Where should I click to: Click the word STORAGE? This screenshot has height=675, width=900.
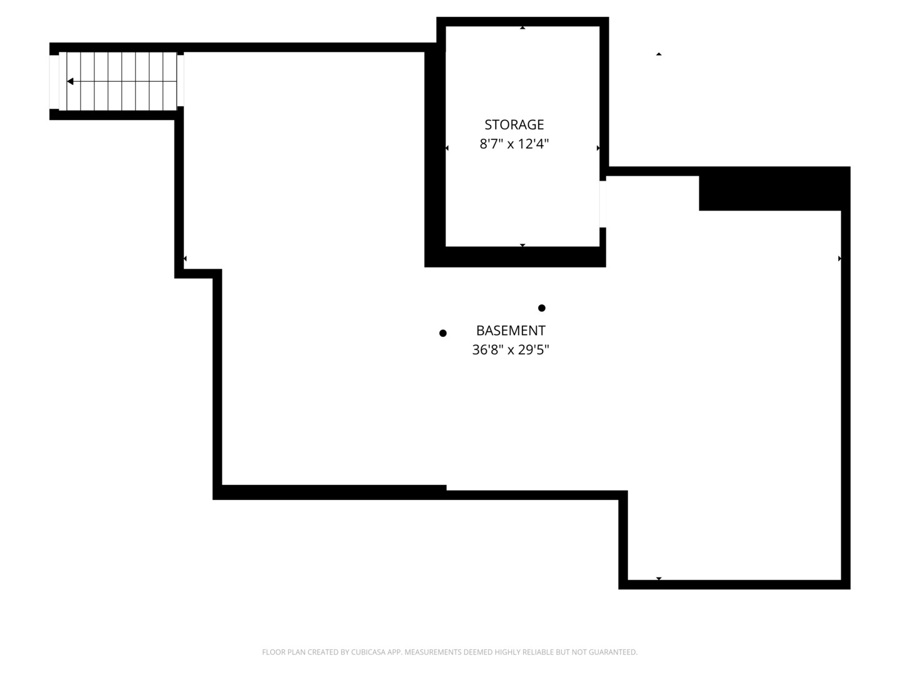(514, 124)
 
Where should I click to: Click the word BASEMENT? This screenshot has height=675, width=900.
(511, 331)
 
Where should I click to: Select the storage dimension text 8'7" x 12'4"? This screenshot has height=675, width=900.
(514, 144)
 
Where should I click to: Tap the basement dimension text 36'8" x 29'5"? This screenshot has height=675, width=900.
(510, 350)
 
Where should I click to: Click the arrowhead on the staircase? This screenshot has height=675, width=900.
(70, 81)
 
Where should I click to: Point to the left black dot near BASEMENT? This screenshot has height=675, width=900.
(443, 333)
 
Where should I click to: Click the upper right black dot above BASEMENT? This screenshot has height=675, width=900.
(542, 307)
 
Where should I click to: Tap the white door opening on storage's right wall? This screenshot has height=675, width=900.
(602, 204)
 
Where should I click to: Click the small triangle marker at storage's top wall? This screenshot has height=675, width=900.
(522, 27)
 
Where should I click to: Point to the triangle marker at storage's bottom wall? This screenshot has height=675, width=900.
(522, 245)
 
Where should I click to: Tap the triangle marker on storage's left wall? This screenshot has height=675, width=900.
(447, 148)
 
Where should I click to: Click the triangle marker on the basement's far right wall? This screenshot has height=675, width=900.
(839, 258)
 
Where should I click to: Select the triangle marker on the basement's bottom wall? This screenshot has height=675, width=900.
(659, 579)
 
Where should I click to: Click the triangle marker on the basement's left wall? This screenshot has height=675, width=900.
(185, 258)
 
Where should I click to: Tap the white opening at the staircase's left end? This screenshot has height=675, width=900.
(54, 81)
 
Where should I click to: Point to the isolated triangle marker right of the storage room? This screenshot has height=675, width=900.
(659, 54)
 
